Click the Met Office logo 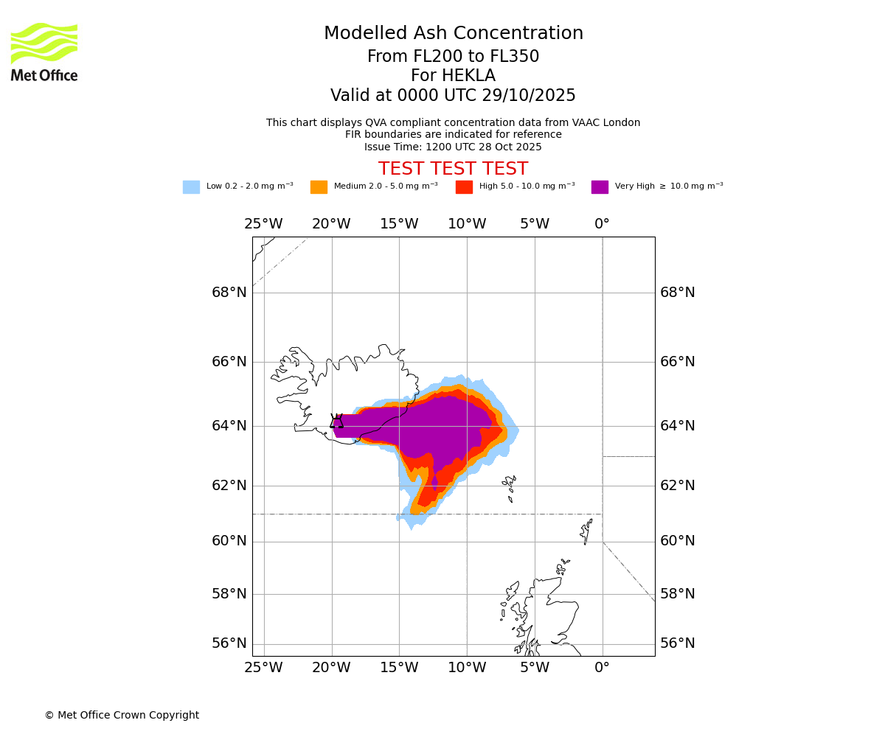pyautogui.click(x=44, y=52)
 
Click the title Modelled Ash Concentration pyautogui.click(x=453, y=34)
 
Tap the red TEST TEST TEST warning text pyautogui.click(x=453, y=169)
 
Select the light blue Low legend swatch pyautogui.click(x=191, y=187)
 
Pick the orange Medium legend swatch pyautogui.click(x=319, y=187)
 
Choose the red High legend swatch pyautogui.click(x=464, y=187)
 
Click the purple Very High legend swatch pyautogui.click(x=600, y=187)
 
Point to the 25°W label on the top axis pyautogui.click(x=263, y=224)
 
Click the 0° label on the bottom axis pyautogui.click(x=602, y=668)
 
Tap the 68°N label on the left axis pyautogui.click(x=229, y=293)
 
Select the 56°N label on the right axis pyautogui.click(x=677, y=643)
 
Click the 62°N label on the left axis pyautogui.click(x=229, y=486)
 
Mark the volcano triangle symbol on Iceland pyautogui.click(x=337, y=422)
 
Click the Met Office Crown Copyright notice pyautogui.click(x=122, y=715)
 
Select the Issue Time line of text pyautogui.click(x=453, y=147)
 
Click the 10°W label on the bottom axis pyautogui.click(x=467, y=668)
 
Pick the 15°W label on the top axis pyautogui.click(x=399, y=224)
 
